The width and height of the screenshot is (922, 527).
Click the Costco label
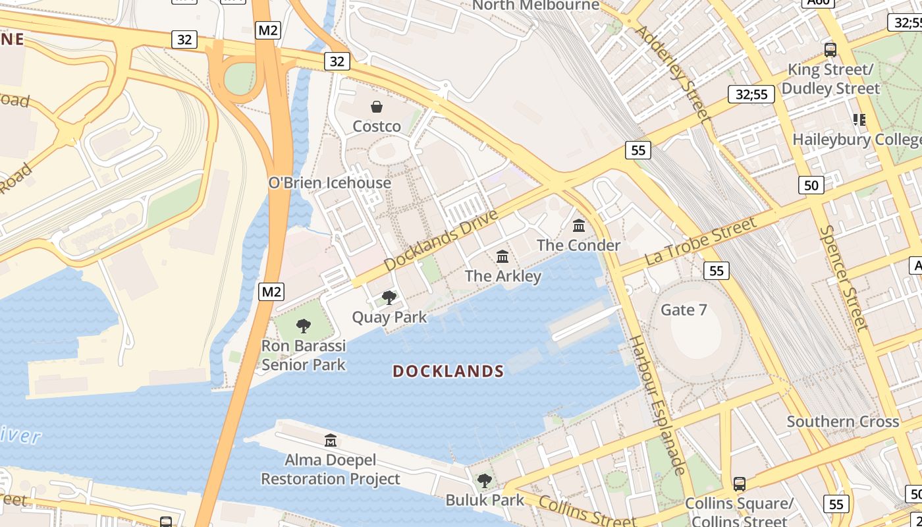click(377, 126)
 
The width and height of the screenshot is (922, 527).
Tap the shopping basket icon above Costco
click(377, 107)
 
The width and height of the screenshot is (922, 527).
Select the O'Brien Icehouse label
click(330, 182)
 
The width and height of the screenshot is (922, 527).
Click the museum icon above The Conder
click(579, 226)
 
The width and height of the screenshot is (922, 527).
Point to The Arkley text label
click(503, 275)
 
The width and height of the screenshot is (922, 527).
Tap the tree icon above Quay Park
click(389, 298)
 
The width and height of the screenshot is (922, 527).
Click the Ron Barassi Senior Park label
click(304, 355)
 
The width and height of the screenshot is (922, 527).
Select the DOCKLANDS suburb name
click(448, 372)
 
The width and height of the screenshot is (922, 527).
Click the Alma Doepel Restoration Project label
click(331, 469)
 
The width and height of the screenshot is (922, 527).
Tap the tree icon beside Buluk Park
click(485, 481)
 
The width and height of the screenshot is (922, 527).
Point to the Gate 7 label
click(684, 310)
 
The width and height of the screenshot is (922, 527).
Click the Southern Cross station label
click(843, 422)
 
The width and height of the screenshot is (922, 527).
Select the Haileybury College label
click(857, 140)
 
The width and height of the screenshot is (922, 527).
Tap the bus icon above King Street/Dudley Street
click(830, 50)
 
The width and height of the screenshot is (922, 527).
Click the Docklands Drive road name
click(441, 240)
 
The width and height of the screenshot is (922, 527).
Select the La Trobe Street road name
click(701, 241)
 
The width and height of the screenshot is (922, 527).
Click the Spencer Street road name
click(844, 277)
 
